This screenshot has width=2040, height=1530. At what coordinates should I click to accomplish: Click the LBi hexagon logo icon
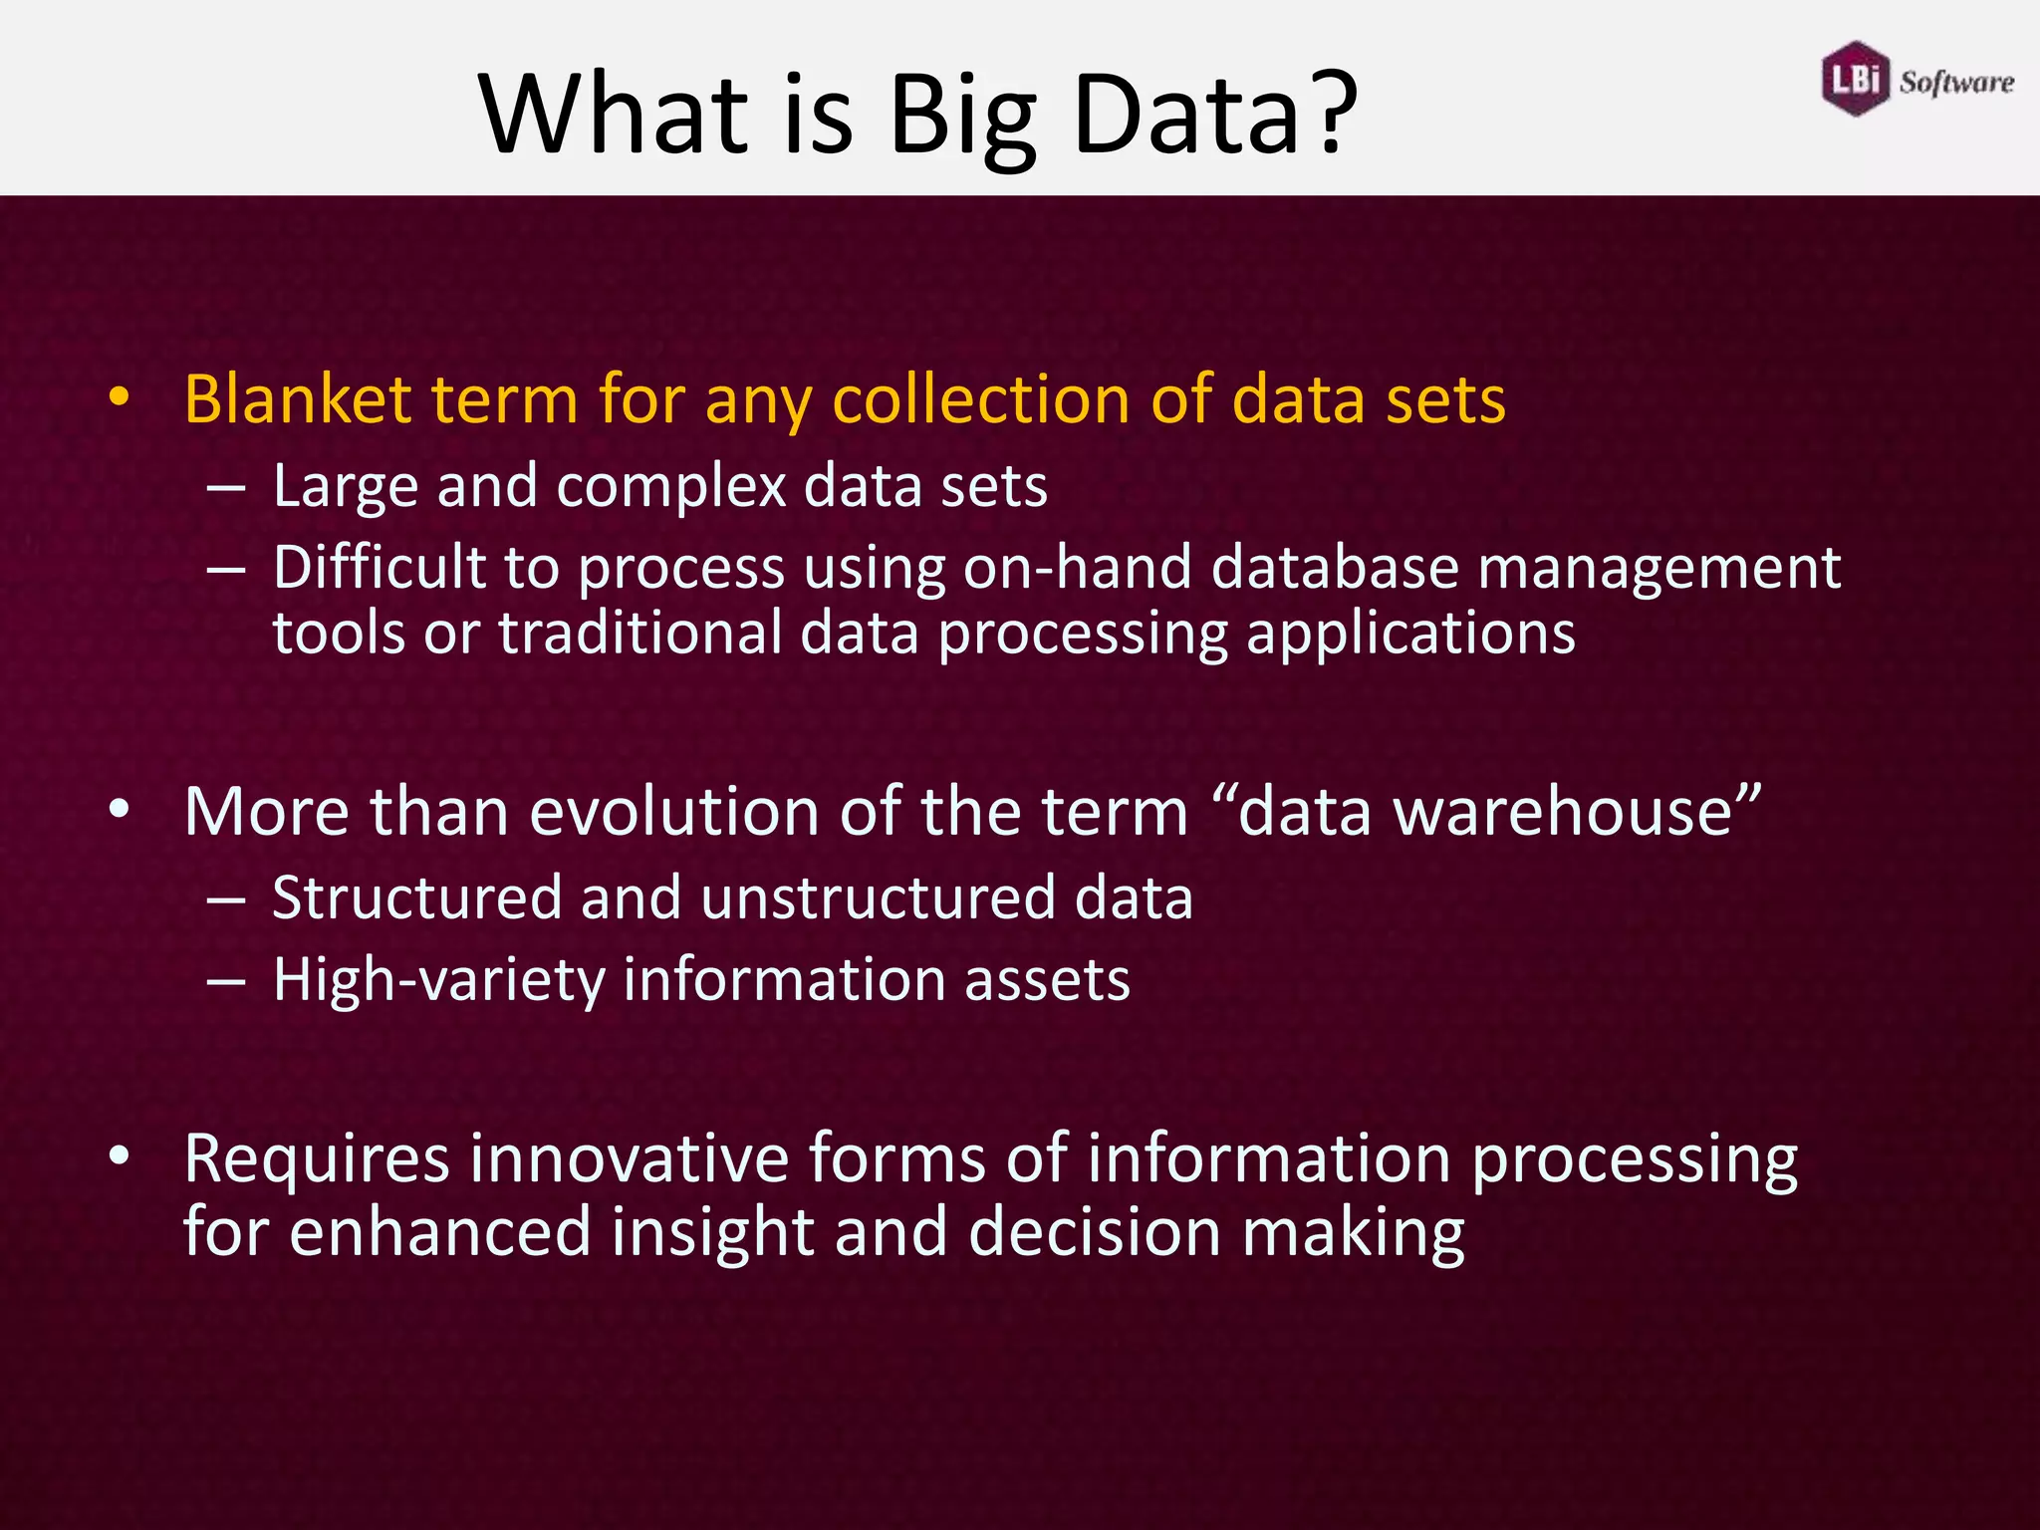click(x=1855, y=79)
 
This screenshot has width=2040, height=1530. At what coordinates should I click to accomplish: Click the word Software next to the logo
click(x=1956, y=82)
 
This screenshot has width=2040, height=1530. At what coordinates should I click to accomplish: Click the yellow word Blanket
click(x=297, y=399)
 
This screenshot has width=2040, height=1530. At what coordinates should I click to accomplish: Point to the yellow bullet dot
click(x=120, y=398)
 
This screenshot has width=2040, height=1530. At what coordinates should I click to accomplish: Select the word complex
click(x=671, y=487)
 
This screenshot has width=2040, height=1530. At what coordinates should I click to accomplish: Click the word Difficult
click(x=380, y=568)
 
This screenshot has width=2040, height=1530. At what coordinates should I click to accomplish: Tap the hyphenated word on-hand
click(x=1078, y=568)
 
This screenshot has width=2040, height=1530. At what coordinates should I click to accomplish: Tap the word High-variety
click(x=438, y=980)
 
